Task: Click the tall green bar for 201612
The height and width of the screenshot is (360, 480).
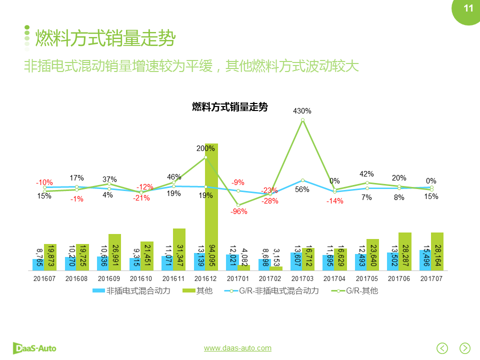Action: tap(211, 210)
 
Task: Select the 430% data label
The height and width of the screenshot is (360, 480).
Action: tap(302, 111)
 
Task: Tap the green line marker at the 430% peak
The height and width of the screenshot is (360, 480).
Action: tap(302, 120)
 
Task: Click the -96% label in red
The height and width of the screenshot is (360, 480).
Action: tap(238, 211)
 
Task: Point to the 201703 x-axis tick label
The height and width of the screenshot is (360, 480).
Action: tap(302, 278)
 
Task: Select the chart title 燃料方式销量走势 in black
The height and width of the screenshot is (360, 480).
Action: tap(230, 107)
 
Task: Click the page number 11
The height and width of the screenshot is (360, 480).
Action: tap(468, 8)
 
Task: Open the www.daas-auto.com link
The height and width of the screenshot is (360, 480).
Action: tap(237, 348)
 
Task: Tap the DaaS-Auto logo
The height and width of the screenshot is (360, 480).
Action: tap(34, 347)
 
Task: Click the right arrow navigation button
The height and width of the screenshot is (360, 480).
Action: tap(465, 348)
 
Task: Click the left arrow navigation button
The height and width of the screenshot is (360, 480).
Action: tap(442, 348)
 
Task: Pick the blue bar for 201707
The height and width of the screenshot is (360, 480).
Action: tap(425, 260)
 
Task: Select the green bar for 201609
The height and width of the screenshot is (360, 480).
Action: tap(114, 252)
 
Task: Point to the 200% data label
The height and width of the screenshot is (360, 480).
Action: tap(205, 148)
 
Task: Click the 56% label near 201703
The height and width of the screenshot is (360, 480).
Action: tap(302, 189)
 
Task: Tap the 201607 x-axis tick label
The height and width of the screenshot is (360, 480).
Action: tap(44, 278)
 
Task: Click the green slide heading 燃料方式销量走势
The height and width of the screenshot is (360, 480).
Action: tap(105, 37)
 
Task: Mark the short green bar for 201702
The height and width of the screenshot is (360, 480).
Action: tap(276, 268)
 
